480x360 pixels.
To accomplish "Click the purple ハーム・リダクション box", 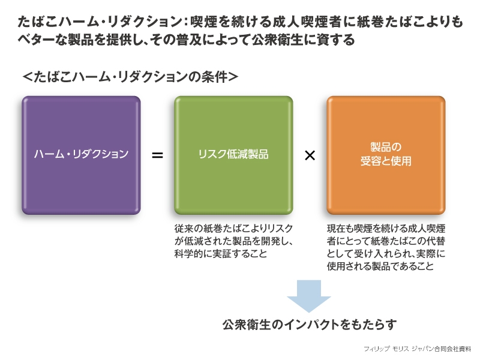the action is point(81,155).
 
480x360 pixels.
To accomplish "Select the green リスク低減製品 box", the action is point(233,155).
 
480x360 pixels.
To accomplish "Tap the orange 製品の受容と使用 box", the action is point(386,155).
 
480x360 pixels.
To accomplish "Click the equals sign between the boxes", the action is point(157,155).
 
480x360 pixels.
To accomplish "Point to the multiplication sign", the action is point(310,155).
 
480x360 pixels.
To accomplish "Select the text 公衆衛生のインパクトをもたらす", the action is point(310,325).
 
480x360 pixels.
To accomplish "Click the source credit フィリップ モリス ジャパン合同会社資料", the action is point(417,349).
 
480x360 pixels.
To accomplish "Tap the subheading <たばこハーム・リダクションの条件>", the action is point(130,77).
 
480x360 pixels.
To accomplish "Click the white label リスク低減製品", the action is point(233,154).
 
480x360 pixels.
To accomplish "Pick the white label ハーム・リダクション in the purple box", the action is point(81,154).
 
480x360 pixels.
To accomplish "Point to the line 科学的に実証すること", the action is point(221,253).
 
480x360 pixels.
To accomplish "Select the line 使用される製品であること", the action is point(380,266).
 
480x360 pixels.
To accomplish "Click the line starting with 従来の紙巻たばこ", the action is point(234,229).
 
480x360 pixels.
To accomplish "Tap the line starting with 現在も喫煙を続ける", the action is point(386,229).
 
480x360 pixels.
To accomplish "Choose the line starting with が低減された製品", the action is point(234,241).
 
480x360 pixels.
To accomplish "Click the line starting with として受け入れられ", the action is point(386,253).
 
